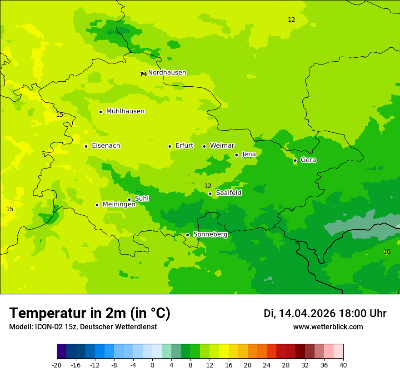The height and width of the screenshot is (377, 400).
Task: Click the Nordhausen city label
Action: coord(167,73)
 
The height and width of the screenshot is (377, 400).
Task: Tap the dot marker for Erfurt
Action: coord(170,146)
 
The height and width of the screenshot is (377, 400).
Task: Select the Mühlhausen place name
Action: coord(125,111)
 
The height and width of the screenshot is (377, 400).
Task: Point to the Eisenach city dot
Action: coord(86,146)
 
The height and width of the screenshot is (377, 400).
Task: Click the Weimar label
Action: coord(222,146)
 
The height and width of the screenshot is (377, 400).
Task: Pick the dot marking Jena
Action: coord(236,155)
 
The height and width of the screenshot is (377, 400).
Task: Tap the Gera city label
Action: coord(308,160)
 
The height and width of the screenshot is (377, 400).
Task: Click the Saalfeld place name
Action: coord(229,193)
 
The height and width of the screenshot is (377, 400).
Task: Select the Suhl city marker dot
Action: coord(129,199)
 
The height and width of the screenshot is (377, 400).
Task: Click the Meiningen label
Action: coord(119,204)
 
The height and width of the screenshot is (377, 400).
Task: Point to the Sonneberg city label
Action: coord(210,234)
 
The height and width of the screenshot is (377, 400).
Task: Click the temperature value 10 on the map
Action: coord(387,252)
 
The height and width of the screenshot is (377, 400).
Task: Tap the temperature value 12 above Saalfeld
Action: coord(208,186)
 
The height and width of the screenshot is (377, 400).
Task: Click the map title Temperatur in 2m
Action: coord(90,313)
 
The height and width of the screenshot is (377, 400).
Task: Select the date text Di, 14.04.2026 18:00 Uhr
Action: coord(325,313)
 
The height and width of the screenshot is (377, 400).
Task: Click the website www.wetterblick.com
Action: coord(328,327)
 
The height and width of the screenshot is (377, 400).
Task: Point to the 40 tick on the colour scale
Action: coord(343,365)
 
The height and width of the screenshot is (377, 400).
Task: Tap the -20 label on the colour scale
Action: coord(57,365)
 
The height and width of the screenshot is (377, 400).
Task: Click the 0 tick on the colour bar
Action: coord(152,365)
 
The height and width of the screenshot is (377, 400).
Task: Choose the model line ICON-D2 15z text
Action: coord(83,327)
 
